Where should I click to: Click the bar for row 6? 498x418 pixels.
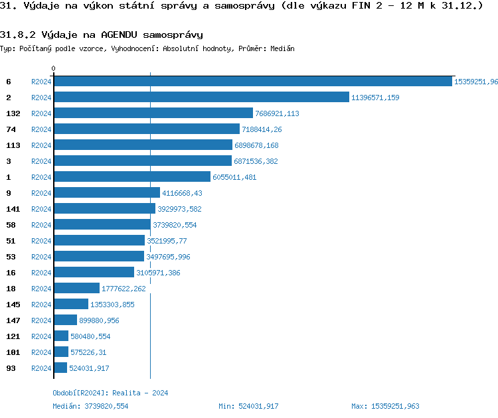pos(252,82)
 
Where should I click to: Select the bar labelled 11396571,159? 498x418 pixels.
pos(201,98)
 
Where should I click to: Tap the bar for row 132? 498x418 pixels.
pos(153,113)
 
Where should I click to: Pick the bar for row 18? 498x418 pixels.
pos(76,289)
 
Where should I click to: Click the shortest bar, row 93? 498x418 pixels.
pos(60,368)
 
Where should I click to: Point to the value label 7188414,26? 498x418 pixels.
pos(262,129)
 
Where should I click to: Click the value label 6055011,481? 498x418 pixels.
pos(234,177)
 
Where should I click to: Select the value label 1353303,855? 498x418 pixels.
pos(112,305)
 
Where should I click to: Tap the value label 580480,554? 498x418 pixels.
pos(90,336)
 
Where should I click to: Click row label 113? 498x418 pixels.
pos(13,145)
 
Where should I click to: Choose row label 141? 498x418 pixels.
pos(13,209)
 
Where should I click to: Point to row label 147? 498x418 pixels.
pos(13,320)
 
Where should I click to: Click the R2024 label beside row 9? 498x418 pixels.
pos(41,193)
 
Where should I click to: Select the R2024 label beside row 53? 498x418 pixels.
pos(41,257)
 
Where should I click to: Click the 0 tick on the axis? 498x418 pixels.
pos(54,68)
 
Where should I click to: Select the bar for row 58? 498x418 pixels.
pos(102,225)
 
